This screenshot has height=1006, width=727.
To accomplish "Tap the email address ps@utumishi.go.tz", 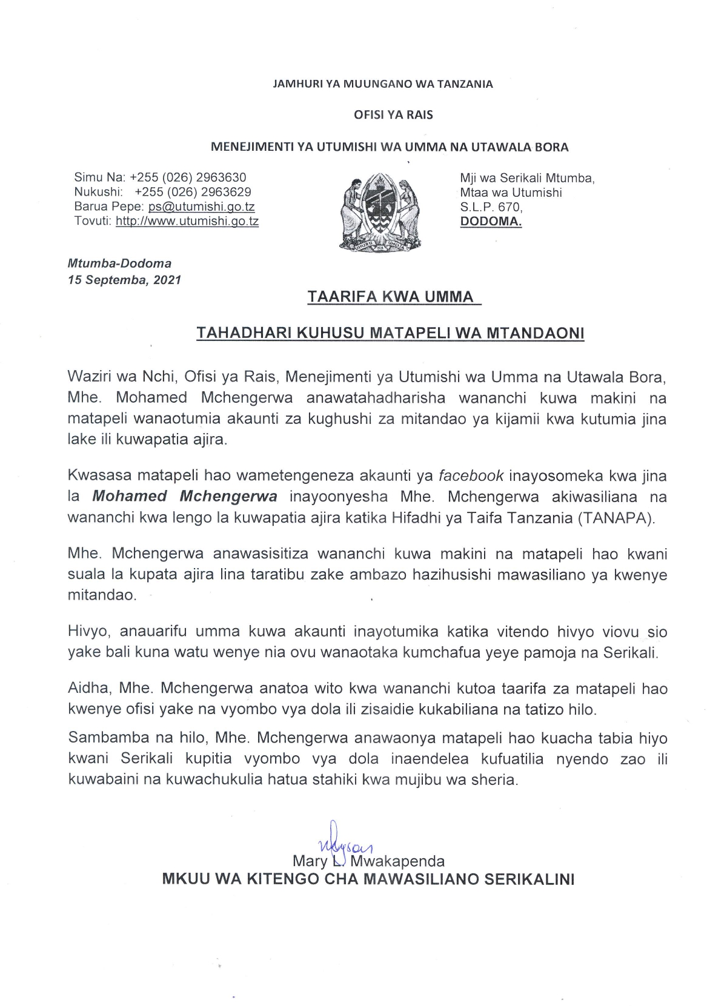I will (201, 207).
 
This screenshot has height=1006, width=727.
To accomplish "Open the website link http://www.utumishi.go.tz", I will (187, 221).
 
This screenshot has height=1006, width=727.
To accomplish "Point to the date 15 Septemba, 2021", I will (124, 280).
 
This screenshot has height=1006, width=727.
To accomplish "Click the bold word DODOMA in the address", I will (491, 221).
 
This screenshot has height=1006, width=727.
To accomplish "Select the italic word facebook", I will (471, 476).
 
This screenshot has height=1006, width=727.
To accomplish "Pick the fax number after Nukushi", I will (193, 192).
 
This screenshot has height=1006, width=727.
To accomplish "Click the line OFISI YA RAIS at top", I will (393, 115).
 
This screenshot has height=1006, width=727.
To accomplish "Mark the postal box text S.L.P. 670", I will (491, 207).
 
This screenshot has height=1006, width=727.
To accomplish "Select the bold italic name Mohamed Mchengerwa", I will (185, 497).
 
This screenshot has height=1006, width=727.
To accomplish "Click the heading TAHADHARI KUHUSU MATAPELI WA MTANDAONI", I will (390, 333).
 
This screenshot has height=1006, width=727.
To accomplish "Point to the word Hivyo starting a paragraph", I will (88, 632).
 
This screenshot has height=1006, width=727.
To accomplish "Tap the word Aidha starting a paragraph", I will (88, 689).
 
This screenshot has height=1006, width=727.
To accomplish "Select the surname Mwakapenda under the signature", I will (397, 861).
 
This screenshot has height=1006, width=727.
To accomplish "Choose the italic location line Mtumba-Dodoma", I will (119, 263).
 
